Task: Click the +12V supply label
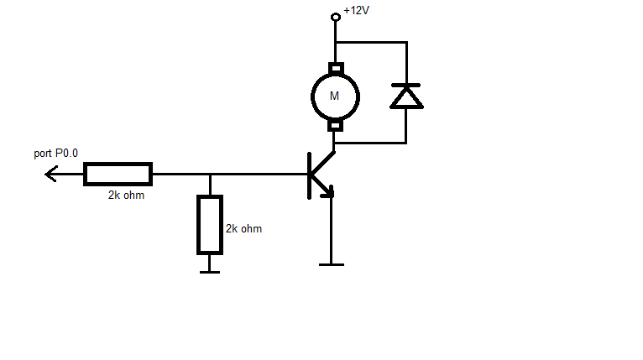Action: (x=357, y=10)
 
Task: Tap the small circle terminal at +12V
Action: (x=336, y=17)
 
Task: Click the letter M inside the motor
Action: (x=334, y=96)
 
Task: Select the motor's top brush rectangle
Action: (x=336, y=68)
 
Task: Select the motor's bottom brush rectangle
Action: (x=335, y=126)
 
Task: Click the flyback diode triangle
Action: (x=406, y=98)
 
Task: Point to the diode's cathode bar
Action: (x=406, y=86)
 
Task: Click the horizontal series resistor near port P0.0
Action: (x=118, y=175)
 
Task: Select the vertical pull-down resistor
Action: (x=210, y=225)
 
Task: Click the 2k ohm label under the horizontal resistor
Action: (x=126, y=196)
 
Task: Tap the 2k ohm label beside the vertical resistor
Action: (x=243, y=229)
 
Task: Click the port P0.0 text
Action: (x=55, y=154)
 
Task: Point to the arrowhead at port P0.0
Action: (x=51, y=175)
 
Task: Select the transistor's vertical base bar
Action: (x=309, y=176)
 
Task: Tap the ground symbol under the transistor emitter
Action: (x=332, y=265)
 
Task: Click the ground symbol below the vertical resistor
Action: (x=210, y=272)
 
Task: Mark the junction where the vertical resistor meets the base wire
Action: (x=210, y=175)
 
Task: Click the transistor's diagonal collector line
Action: (x=322, y=163)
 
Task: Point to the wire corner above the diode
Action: (x=407, y=42)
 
